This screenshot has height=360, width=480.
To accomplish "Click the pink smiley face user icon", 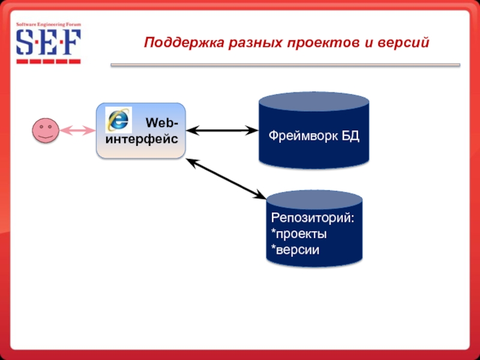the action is pos(46,130).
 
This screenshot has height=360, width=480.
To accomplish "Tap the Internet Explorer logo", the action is pos(118,119).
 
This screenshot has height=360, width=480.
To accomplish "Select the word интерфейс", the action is pos(141,139).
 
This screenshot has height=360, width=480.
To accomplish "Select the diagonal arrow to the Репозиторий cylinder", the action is pos(226,178).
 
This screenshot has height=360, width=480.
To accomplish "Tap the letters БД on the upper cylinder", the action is pos(350,136).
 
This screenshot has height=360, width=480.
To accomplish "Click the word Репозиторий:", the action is pos(312,217).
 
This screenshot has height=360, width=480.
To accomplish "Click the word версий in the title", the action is pos(407,43).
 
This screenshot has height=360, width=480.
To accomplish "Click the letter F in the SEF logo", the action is pos(71,43).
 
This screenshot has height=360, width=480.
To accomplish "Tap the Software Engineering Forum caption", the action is pos(48,25).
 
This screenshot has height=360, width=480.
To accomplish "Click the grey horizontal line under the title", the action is pos(285,65).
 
